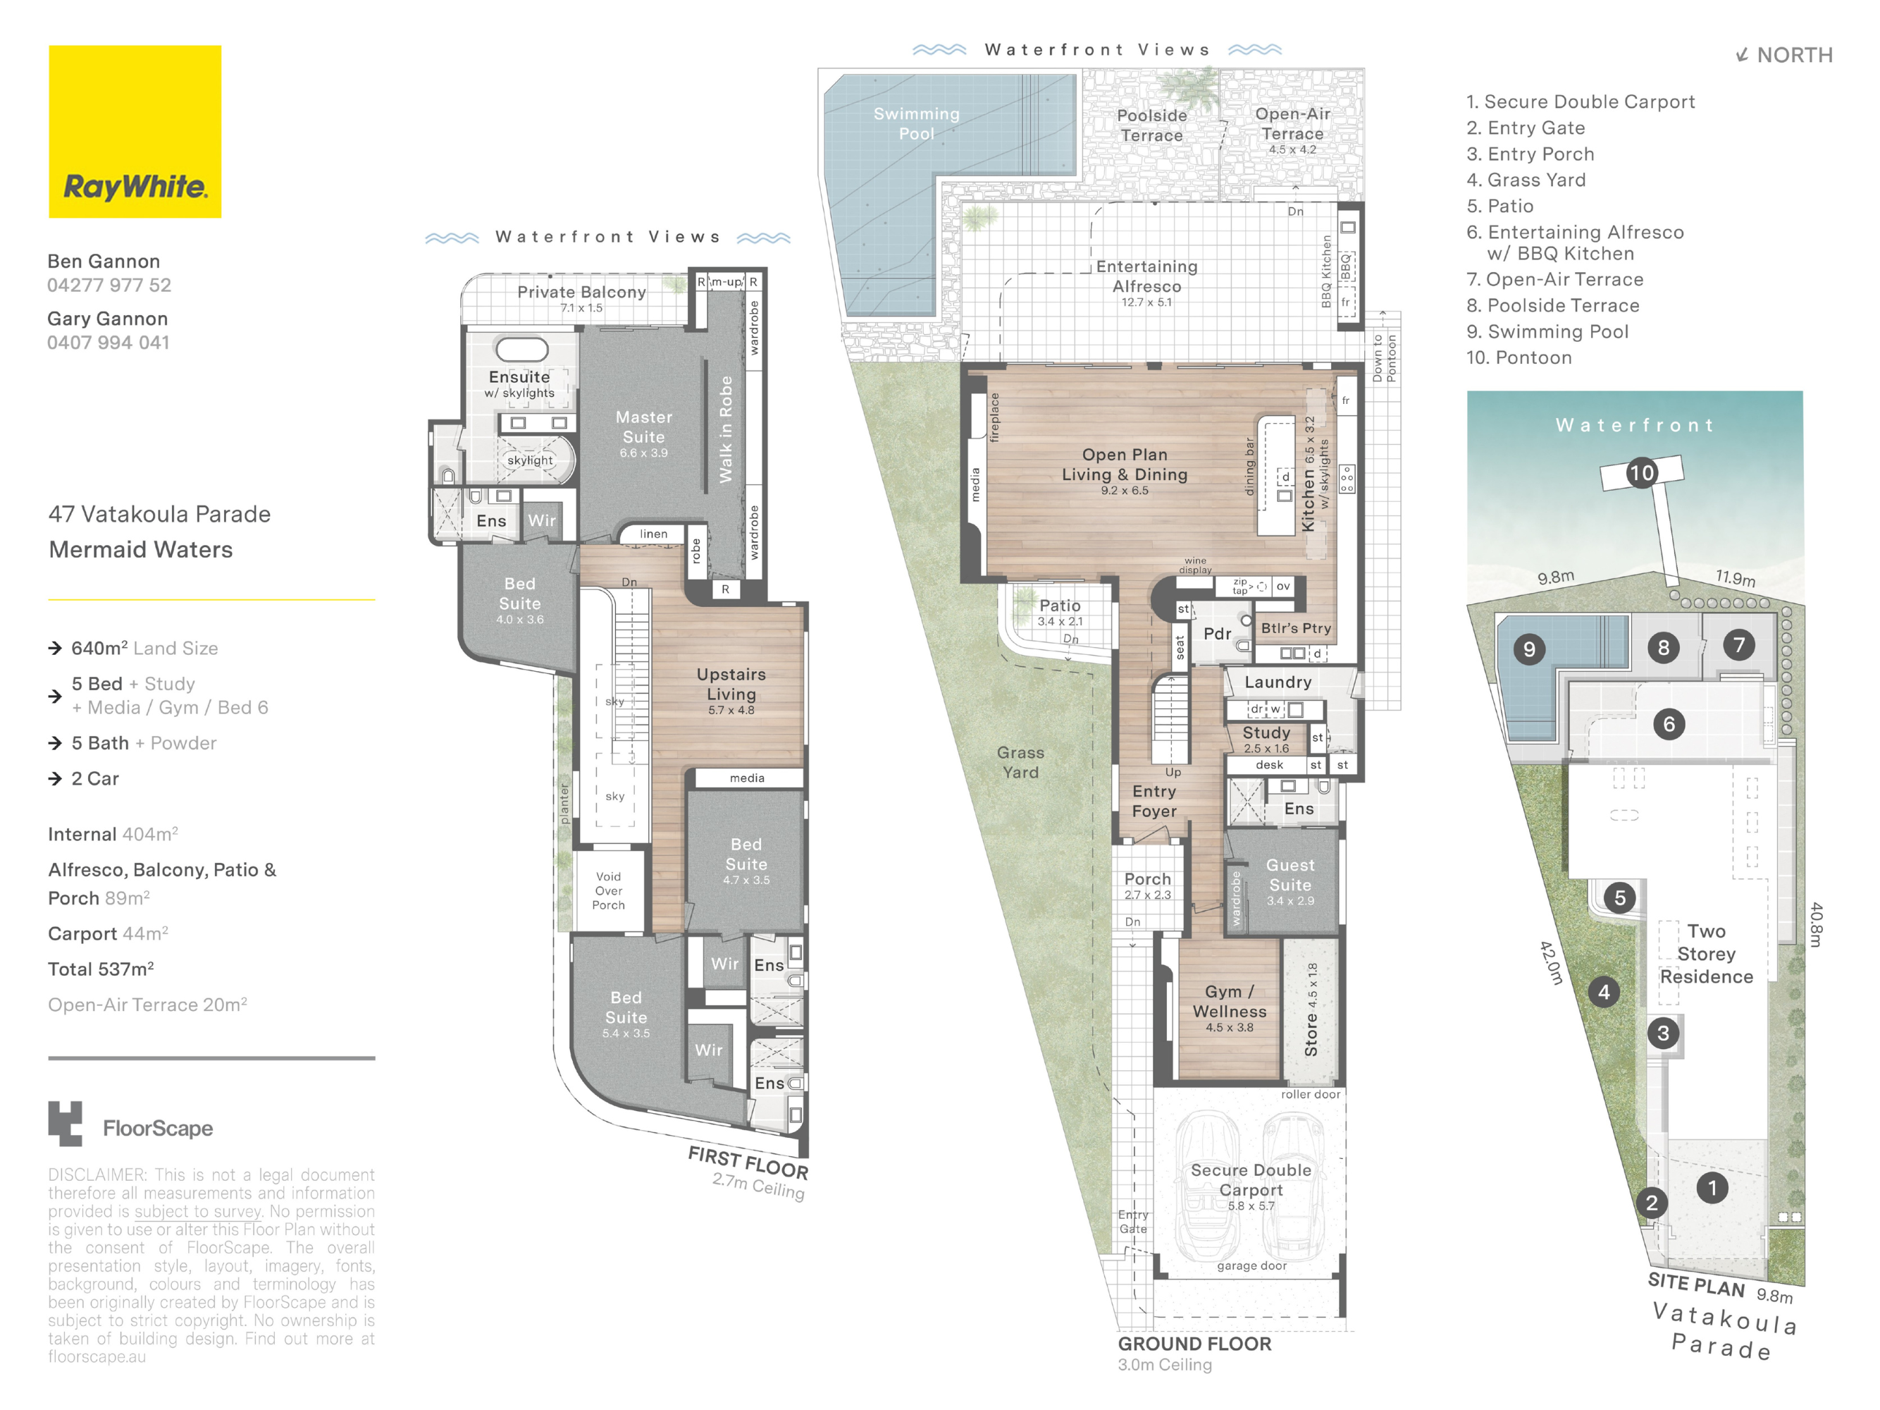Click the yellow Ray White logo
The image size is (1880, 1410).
click(x=135, y=132)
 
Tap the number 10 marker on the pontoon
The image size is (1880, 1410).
click(x=1641, y=473)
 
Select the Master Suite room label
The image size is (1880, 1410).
click(x=643, y=428)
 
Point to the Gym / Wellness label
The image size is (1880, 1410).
click(x=1229, y=1002)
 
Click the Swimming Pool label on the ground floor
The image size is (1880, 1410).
click(x=916, y=124)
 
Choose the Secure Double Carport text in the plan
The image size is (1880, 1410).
click(x=1250, y=1180)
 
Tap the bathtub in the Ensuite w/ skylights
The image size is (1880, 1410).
click(x=522, y=349)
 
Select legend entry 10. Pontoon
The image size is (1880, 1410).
click(x=1518, y=358)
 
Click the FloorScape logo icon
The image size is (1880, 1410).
click(x=66, y=1122)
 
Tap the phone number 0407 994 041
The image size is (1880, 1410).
click(x=108, y=343)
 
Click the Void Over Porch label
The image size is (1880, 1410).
click(x=609, y=890)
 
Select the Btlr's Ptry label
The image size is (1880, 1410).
click(x=1295, y=628)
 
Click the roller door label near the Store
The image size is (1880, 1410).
click(x=1310, y=1094)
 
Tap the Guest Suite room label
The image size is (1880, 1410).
click(x=1290, y=875)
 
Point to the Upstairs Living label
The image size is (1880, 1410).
click(x=731, y=685)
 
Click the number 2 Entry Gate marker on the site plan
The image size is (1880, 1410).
click(x=1652, y=1203)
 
